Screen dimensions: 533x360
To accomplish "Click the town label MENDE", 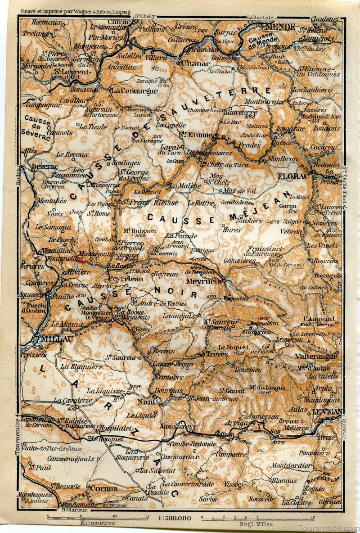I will pos(280,27).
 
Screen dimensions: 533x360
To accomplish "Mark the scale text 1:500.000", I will pos(175,518).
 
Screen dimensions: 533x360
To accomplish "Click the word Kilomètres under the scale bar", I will pos(97,523).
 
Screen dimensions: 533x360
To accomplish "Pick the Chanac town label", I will pos(195,63).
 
